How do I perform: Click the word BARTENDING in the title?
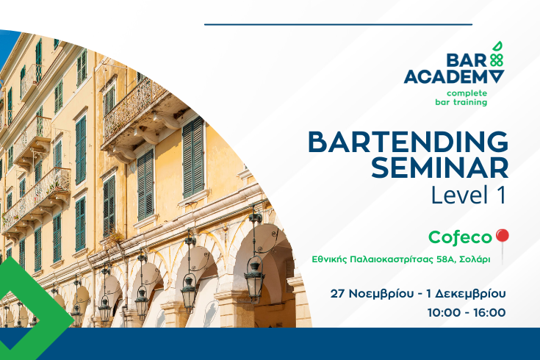(408, 142)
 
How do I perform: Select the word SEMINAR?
(440, 168)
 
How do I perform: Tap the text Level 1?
(469, 195)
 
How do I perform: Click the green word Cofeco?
(460, 237)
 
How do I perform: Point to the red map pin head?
(502, 236)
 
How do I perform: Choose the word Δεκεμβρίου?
(470, 294)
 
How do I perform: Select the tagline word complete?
(467, 93)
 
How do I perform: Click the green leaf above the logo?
(497, 47)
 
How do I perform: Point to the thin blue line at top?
(338, 24)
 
